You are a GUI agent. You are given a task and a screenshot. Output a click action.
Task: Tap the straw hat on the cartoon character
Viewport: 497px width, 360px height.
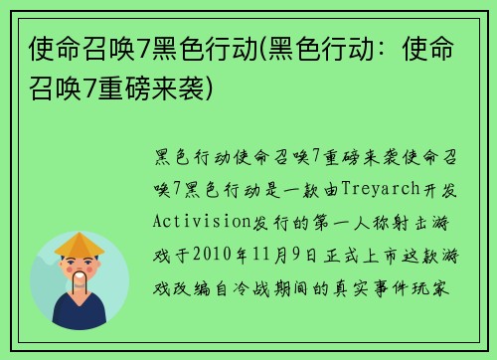81,243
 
